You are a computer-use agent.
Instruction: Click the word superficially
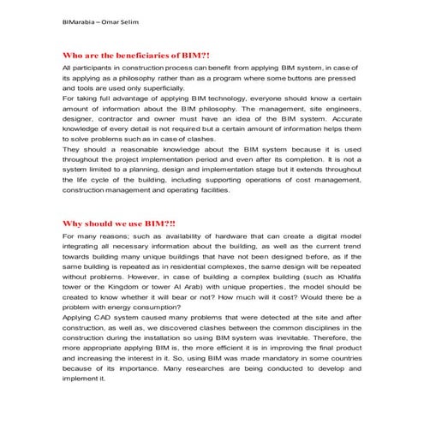[158, 87]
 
